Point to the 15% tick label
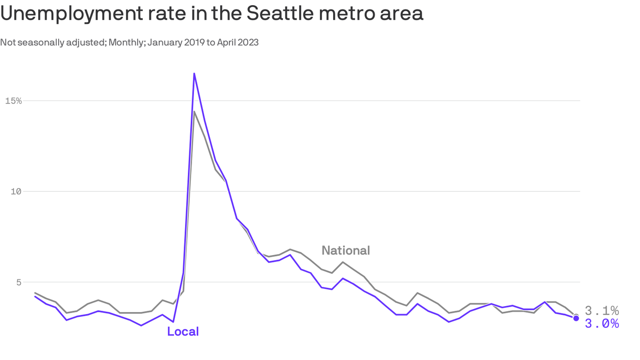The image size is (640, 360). (13, 101)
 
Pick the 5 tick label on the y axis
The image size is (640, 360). (19, 282)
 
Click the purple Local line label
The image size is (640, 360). (183, 332)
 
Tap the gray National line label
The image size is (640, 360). (346, 251)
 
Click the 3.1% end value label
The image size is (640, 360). (602, 311)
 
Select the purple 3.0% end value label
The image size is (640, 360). (602, 323)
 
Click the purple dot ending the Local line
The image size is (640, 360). (576, 318)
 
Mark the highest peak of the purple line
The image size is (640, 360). (194, 74)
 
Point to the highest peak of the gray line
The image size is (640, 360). (194, 112)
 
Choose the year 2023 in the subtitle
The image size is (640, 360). (248, 43)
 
